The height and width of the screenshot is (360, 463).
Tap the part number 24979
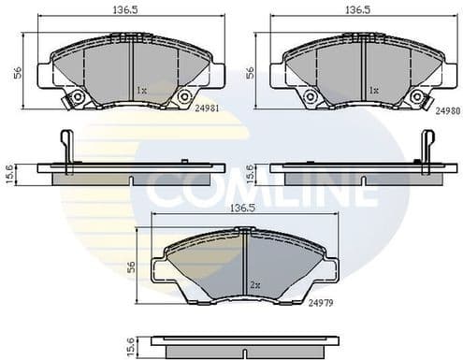point(320,302)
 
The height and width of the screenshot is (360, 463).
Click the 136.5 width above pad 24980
point(353,9)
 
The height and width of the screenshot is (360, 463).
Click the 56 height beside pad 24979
point(132,266)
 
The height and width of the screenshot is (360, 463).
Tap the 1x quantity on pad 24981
point(141,91)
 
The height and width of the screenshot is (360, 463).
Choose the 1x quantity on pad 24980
point(373,91)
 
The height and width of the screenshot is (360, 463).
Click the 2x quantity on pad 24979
point(253,284)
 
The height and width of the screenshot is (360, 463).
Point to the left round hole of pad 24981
point(77,97)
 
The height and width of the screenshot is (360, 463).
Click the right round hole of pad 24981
point(183,96)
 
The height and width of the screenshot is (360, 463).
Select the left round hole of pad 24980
point(310,97)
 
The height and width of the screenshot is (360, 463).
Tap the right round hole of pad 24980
point(416,96)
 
